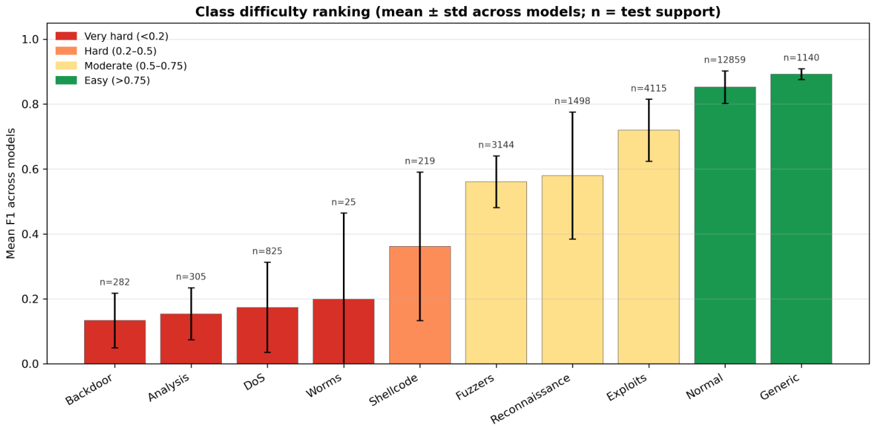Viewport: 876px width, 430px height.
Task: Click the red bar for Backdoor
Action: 115,342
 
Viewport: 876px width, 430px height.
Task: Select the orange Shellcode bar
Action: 420,305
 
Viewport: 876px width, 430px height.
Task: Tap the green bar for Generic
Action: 801,219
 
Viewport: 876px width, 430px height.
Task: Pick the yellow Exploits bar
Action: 649,247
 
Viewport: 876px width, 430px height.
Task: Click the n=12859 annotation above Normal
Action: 724,60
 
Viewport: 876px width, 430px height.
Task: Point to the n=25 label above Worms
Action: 344,202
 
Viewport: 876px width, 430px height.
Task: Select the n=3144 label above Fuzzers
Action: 497,145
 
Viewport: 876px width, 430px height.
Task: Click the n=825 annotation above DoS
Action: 268,251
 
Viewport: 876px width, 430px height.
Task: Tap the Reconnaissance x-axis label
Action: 530,398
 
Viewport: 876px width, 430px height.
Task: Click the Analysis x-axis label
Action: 169,388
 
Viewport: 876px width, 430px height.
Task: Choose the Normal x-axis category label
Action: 705,386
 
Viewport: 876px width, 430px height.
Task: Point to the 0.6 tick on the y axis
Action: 30,169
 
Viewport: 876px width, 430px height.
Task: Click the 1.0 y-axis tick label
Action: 30,40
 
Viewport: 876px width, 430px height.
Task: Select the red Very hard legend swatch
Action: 66,36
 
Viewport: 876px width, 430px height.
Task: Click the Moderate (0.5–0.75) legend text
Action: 136,66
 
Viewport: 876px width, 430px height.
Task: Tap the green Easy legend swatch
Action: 66,81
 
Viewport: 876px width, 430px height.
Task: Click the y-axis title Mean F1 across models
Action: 11,193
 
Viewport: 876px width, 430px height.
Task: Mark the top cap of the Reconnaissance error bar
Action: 573,112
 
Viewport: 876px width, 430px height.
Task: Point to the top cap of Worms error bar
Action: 344,213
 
